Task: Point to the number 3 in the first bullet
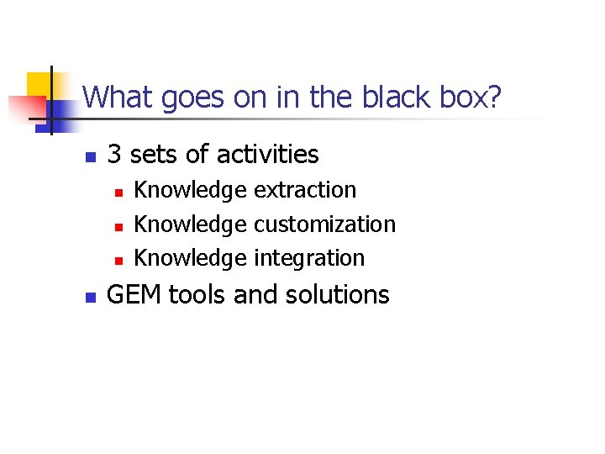(115, 155)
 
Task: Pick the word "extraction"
(305, 190)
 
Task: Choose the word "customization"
(324, 224)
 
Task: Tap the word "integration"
(309, 258)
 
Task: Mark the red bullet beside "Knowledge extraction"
(118, 193)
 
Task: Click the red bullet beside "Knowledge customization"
(118, 227)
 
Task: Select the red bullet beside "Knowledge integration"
(118, 261)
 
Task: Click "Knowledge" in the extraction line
(191, 190)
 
